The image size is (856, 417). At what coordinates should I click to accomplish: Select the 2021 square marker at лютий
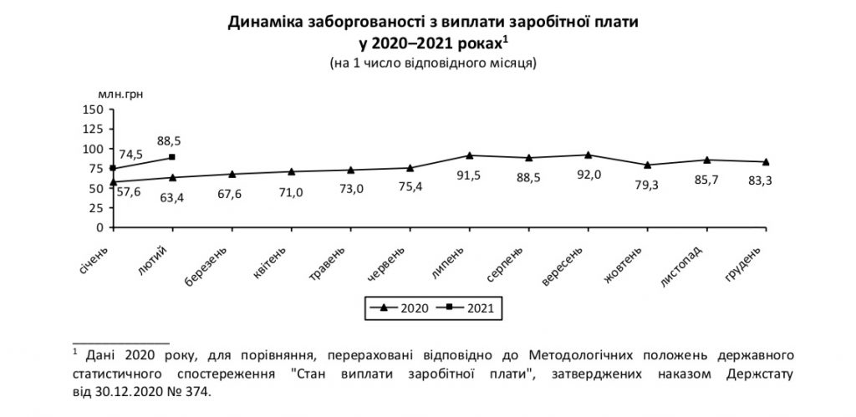pos(171,157)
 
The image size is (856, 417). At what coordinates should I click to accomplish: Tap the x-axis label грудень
pos(744,263)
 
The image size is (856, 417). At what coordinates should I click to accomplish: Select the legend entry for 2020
pos(400,308)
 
